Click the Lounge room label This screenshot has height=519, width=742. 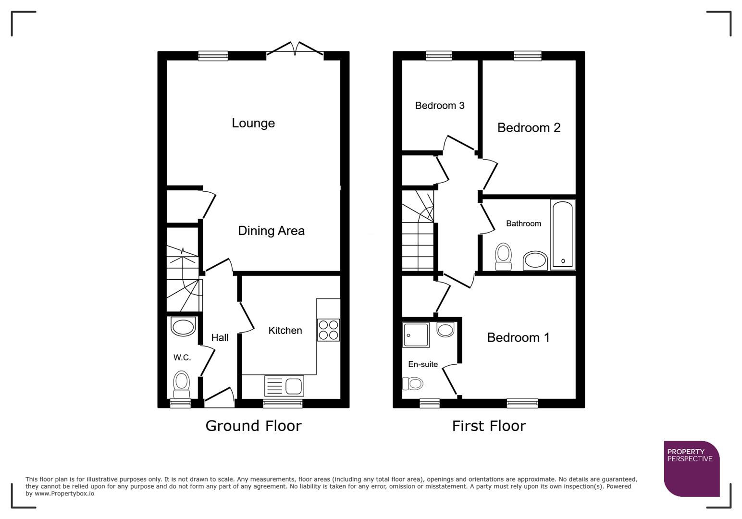coord(253,123)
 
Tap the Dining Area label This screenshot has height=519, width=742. coord(271,231)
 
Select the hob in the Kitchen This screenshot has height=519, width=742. coord(328,330)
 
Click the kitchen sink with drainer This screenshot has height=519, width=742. coord(284,386)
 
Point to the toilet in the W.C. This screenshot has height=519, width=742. coord(181,383)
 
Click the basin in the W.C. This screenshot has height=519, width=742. coord(183,327)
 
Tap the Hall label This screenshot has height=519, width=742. coord(220,338)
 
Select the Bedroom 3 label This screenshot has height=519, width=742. coord(440,106)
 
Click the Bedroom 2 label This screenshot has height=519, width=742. coord(529,128)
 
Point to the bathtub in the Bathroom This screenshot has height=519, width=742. coord(562,235)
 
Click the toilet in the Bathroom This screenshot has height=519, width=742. coord(503,256)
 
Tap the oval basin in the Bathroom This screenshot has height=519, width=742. coord(535,260)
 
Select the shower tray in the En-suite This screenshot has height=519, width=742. coord(416,335)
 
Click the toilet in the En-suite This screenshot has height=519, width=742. coord(413,383)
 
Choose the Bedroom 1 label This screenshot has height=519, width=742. coord(518,338)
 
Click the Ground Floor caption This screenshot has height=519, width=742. coord(253,426)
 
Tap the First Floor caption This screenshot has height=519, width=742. coord(489,426)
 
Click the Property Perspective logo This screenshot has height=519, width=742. coord(692,469)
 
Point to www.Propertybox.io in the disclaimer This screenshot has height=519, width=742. coord(64,494)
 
